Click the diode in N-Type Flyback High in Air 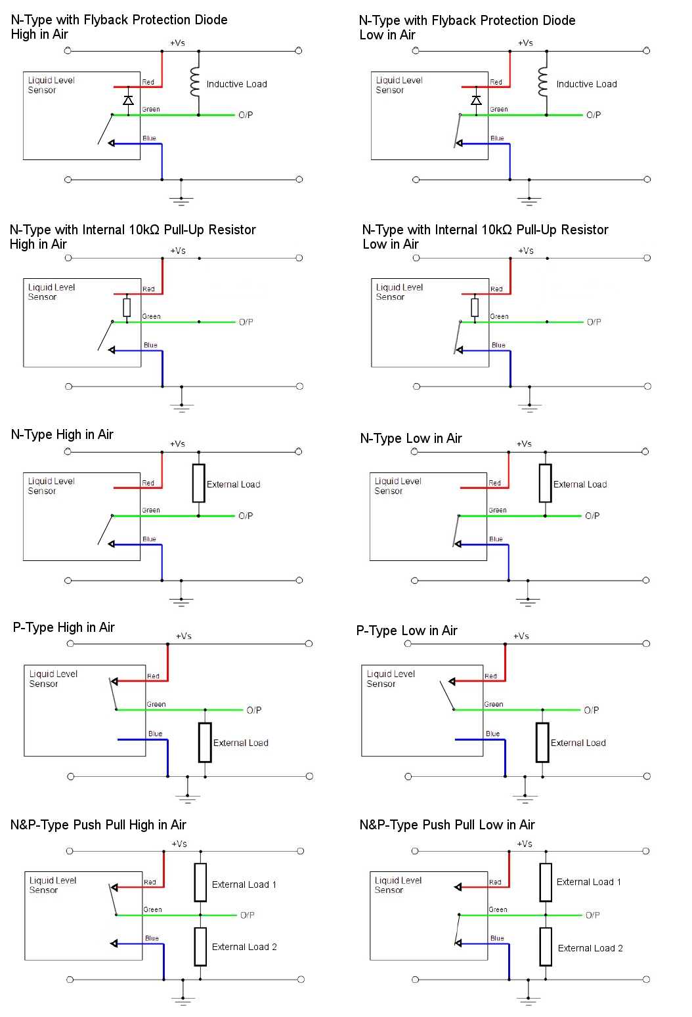click(x=129, y=100)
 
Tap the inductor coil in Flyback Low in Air click(x=542, y=81)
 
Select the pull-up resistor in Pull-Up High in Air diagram click(x=127, y=307)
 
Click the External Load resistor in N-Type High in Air click(x=199, y=484)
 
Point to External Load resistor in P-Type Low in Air click(x=542, y=742)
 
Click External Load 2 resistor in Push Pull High click(x=200, y=947)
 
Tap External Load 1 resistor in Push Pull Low click(x=546, y=882)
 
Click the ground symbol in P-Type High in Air click(x=188, y=797)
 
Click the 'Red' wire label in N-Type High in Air click(x=148, y=483)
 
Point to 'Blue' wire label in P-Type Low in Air click(x=492, y=734)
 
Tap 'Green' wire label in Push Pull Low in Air click(x=498, y=909)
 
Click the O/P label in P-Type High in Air click(x=254, y=710)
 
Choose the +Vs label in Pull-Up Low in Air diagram click(x=526, y=251)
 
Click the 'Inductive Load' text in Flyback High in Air click(x=236, y=84)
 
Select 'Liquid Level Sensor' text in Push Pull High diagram click(x=53, y=885)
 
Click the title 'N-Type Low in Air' click(x=411, y=438)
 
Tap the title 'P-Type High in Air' click(x=64, y=627)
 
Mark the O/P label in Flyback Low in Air click(x=594, y=115)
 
